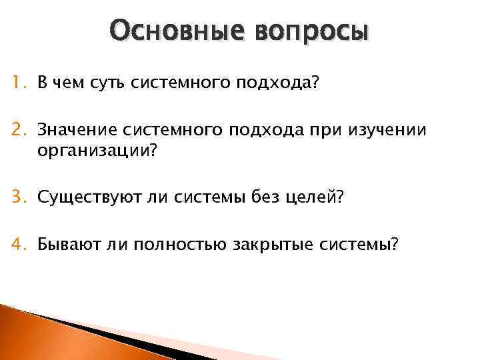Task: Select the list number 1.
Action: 19,83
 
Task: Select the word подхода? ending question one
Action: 278,83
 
